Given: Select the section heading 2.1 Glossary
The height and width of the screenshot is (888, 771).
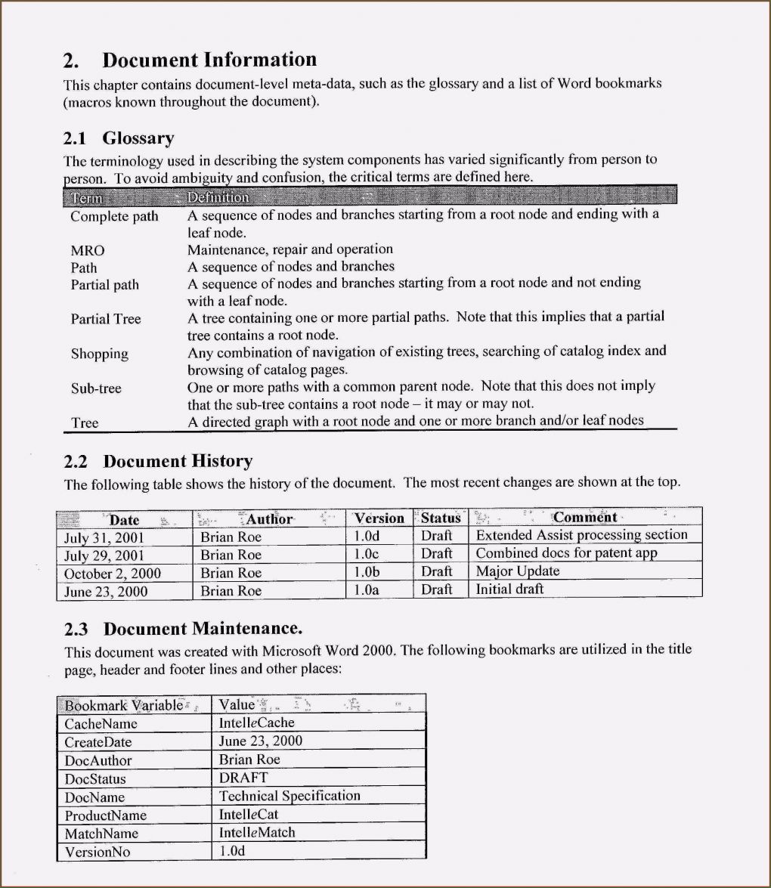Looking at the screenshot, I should click(119, 138).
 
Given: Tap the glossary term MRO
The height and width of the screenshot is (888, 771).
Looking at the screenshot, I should click(88, 250).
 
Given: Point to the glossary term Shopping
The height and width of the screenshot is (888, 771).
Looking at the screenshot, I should click(100, 354).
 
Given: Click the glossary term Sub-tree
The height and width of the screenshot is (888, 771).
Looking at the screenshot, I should click(96, 388).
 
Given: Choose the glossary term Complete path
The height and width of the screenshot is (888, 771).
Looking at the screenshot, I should click(114, 216).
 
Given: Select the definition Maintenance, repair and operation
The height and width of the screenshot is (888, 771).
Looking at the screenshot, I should click(290, 249).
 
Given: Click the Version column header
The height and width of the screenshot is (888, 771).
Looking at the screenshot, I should click(379, 518).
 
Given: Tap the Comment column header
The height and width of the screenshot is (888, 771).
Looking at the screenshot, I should click(585, 518).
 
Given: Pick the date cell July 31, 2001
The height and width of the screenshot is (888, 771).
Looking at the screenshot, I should click(104, 537).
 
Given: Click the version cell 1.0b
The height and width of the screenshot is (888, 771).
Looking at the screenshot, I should click(367, 572).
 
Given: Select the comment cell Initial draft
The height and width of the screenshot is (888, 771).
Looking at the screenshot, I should click(509, 589).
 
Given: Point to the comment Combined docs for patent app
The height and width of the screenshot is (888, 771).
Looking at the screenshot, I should click(566, 553).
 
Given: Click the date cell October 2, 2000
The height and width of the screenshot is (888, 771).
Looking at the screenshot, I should click(113, 574).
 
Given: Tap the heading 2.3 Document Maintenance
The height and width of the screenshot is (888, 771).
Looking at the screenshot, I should click(183, 629).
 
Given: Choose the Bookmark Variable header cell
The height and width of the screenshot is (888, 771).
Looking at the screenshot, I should click(124, 705).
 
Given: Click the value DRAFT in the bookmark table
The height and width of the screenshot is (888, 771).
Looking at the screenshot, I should click(243, 777).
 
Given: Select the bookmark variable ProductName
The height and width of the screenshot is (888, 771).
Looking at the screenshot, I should click(106, 815).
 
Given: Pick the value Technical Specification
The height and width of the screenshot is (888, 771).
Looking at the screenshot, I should click(290, 796).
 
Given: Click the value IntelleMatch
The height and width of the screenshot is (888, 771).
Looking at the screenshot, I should click(257, 833).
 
